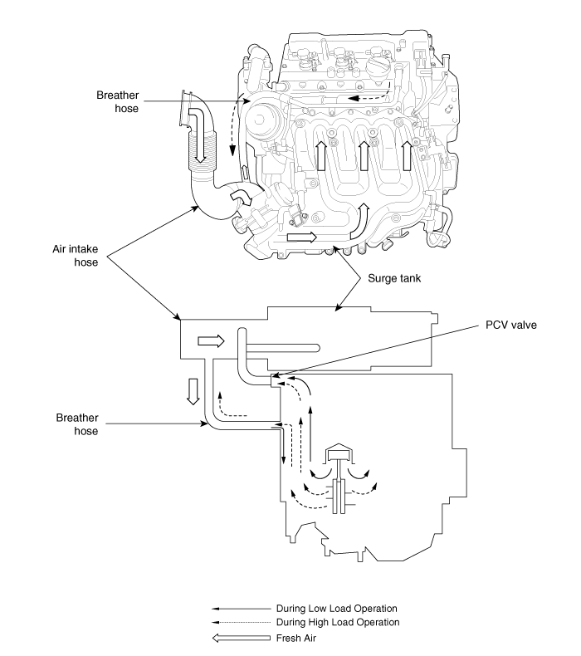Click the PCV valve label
click(510, 325)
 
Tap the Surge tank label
click(394, 278)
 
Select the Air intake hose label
click(76, 256)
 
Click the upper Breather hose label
click(118, 101)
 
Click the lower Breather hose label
click(77, 424)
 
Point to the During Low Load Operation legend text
click(337, 609)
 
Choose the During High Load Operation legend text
click(338, 622)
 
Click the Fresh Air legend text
click(296, 638)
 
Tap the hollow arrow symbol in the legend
click(242, 638)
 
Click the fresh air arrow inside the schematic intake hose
click(211, 341)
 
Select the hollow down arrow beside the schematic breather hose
click(193, 391)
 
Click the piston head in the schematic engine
click(339, 452)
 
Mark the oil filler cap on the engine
click(379, 67)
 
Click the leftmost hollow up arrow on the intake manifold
click(321, 155)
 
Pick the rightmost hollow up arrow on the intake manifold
click(407, 155)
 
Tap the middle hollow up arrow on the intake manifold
click(364, 155)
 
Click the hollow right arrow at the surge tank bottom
click(302, 237)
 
